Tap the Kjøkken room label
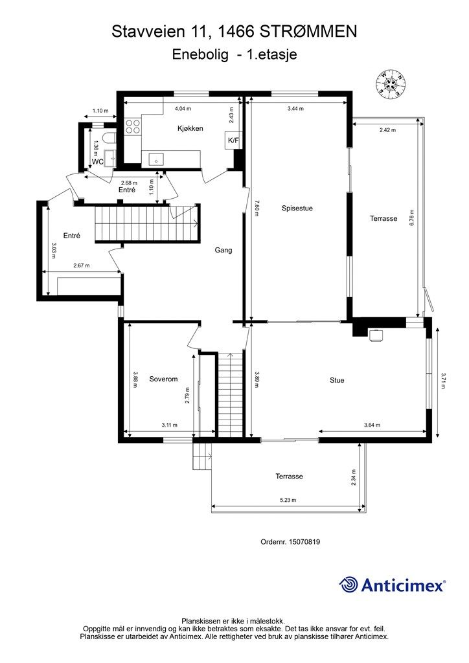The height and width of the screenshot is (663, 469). coord(190,129)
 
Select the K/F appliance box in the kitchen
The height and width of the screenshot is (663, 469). coord(233,140)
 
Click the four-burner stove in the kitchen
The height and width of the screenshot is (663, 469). coord(133,126)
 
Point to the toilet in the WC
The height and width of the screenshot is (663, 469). coord(109,139)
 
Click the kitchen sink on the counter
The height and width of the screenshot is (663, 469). coord(157,161)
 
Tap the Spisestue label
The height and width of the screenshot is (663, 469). coord(297,208)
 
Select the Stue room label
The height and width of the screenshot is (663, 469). coord(337,380)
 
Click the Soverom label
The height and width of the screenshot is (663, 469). coord(163,379)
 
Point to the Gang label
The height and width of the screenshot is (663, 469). coord(223,250)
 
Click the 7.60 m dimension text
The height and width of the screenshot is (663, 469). coord(257,208)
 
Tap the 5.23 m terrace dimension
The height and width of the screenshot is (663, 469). coord(288,500)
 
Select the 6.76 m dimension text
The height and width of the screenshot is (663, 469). coord(412,218)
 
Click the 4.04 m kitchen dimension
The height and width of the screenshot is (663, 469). coord(183,109)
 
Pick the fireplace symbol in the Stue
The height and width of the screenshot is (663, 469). coord(375,335)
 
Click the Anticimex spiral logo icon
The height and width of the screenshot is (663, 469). coord(349,585)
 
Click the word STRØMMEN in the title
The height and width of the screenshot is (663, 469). coord(308,32)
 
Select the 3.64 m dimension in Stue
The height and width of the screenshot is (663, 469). coord(372,425)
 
